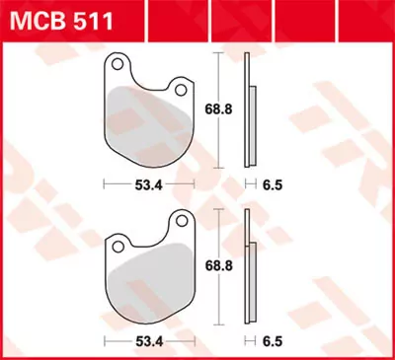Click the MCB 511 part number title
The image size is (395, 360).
tap(61, 19)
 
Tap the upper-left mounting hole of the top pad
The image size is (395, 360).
tap(118, 66)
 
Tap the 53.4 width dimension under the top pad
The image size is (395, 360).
tap(149, 183)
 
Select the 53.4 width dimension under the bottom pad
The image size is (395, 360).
tap(149, 341)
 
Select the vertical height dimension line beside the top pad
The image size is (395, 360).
tap(218, 138)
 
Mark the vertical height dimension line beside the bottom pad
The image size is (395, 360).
tap(218, 296)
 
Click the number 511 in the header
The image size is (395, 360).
tap(93, 19)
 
